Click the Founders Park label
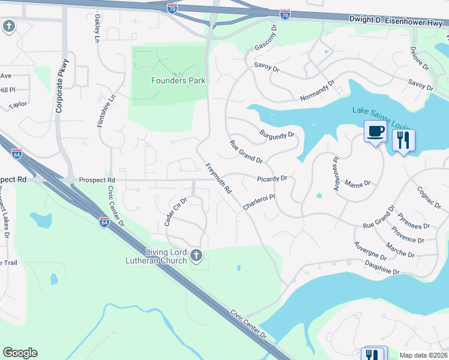tap(178, 80)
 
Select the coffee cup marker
tap(375, 131)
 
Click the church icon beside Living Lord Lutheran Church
tap(195, 257)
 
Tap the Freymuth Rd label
tap(218, 178)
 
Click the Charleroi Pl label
tap(259, 201)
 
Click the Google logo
tap(20, 353)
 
